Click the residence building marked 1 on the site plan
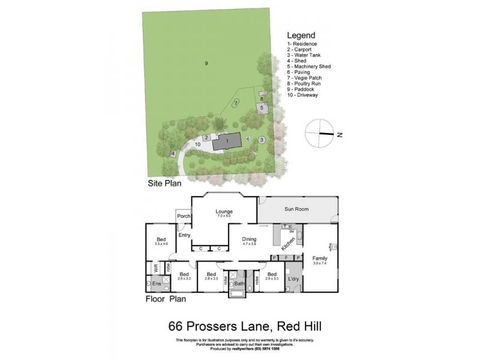[227, 141]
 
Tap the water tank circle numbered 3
[262, 140]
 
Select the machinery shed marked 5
[262, 108]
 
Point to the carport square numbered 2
[206, 138]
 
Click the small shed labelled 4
[173, 154]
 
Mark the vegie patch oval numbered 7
[236, 103]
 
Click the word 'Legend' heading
[301, 35]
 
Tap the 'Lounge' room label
[224, 211]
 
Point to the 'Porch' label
[184, 217]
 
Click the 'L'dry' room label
[293, 280]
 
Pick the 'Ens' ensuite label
[157, 283]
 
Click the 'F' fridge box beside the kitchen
[286, 257]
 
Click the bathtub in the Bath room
[239, 293]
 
